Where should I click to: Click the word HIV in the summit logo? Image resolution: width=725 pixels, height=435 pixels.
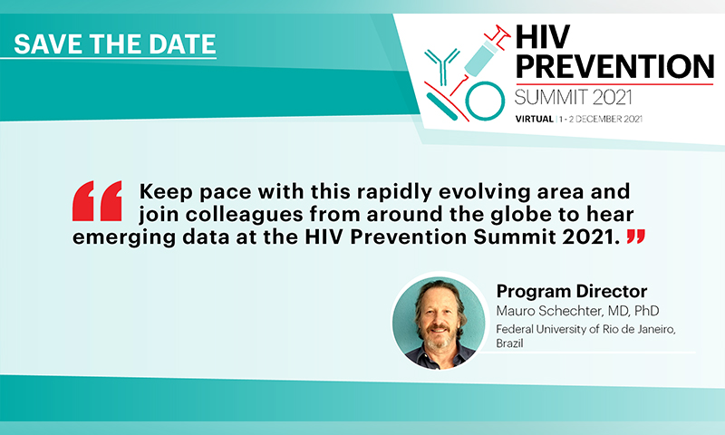pyautogui.click(x=542, y=36)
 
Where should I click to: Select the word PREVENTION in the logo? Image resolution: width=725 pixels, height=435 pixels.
pyautogui.click(x=614, y=66)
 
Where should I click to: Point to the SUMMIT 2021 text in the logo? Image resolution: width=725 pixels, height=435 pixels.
pyautogui.click(x=574, y=98)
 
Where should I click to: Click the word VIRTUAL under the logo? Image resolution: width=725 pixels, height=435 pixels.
pyautogui.click(x=535, y=119)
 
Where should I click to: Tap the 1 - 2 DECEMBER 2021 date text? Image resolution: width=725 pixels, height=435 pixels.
pyautogui.click(x=601, y=119)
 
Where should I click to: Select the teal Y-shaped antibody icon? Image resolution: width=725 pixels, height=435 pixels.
pyautogui.click(x=442, y=65)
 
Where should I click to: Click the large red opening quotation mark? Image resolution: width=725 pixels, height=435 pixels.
pyautogui.click(x=97, y=200)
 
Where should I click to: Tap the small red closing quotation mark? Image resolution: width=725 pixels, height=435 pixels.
pyautogui.click(x=636, y=237)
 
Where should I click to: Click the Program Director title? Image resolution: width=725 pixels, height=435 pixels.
pyautogui.click(x=572, y=291)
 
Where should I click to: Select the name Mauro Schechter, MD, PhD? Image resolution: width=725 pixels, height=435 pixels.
pyautogui.click(x=577, y=311)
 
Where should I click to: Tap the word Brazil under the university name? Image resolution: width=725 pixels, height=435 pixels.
pyautogui.click(x=509, y=343)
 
